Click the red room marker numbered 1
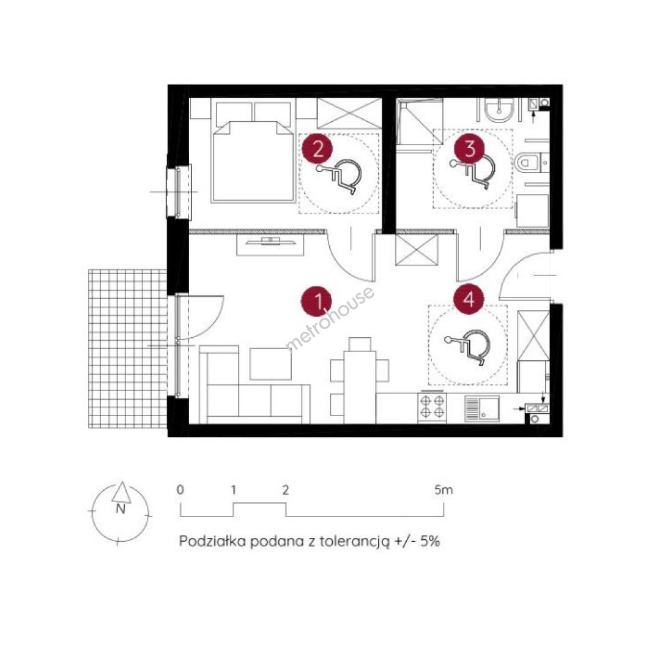(318, 302)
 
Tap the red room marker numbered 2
(318, 149)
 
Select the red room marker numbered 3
(469, 149)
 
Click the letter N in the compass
(121, 509)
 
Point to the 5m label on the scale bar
(444, 490)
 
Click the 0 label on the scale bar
(180, 490)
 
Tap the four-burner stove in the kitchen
(433, 408)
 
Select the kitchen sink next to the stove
(482, 408)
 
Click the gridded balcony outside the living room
(127, 349)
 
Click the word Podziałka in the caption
(212, 542)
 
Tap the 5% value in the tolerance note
(430, 542)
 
